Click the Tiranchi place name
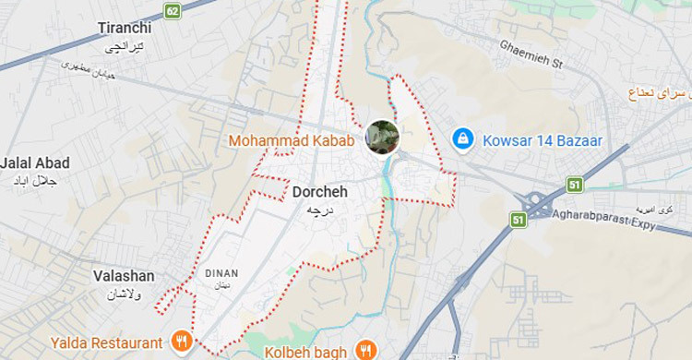pyautogui.click(x=125, y=28)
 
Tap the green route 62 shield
pyautogui.click(x=173, y=11)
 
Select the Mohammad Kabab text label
pyautogui.click(x=292, y=141)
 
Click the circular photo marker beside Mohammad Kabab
pyautogui.click(x=382, y=137)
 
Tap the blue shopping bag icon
pyautogui.click(x=462, y=139)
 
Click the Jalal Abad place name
pyautogui.click(x=35, y=163)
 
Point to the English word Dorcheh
pyautogui.click(x=319, y=193)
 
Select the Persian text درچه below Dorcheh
pyautogui.click(x=319, y=210)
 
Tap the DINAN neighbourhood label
pyautogui.click(x=221, y=273)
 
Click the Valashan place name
pyautogui.click(x=124, y=276)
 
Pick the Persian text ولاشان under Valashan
pyautogui.click(x=125, y=293)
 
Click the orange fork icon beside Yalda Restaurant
pyautogui.click(x=182, y=341)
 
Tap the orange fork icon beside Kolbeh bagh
pyautogui.click(x=367, y=350)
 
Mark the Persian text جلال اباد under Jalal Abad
pyautogui.click(x=35, y=181)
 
